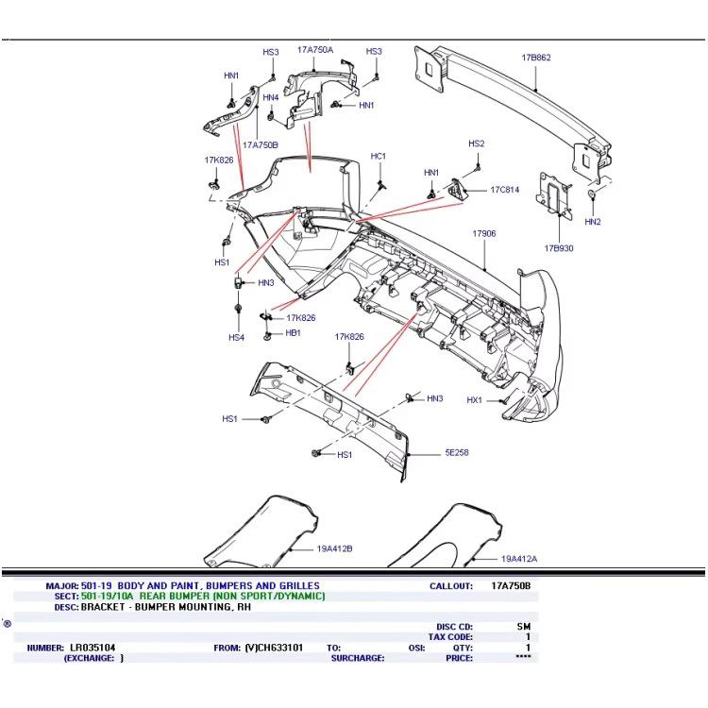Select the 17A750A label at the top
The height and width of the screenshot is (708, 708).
314,49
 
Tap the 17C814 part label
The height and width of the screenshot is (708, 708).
504,190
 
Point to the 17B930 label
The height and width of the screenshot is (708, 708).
558,248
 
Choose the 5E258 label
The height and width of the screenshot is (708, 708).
457,453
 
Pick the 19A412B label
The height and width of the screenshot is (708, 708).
308,548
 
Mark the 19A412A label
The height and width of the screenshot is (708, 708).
519,559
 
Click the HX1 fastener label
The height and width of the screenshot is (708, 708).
474,400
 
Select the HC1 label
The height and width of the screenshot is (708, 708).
379,156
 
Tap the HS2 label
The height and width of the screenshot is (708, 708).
476,143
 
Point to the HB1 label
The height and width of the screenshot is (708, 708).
293,333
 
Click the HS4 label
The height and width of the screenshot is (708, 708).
236,337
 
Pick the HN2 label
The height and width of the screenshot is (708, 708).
592,222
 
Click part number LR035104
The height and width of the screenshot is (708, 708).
93,648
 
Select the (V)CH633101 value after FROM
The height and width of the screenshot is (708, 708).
274,648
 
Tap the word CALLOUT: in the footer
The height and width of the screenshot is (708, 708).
450,586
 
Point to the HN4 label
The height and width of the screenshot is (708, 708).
270,97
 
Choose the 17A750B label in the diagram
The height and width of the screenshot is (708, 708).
260,145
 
